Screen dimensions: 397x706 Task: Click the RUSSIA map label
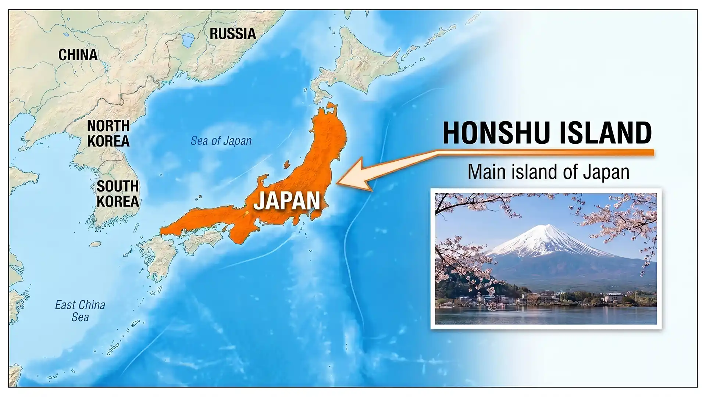(233, 34)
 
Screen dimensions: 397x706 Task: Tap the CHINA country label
(78, 55)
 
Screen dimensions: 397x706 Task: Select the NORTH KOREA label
(108, 133)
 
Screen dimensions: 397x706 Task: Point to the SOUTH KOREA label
(118, 194)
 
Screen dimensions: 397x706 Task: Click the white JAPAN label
(287, 201)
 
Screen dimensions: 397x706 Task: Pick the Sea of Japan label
(221, 141)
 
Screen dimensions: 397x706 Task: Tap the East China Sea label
(80, 311)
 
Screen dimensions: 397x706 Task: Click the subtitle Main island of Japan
(548, 172)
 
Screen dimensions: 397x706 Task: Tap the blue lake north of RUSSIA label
(188, 39)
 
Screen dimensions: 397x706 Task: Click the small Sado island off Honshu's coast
(287, 164)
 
